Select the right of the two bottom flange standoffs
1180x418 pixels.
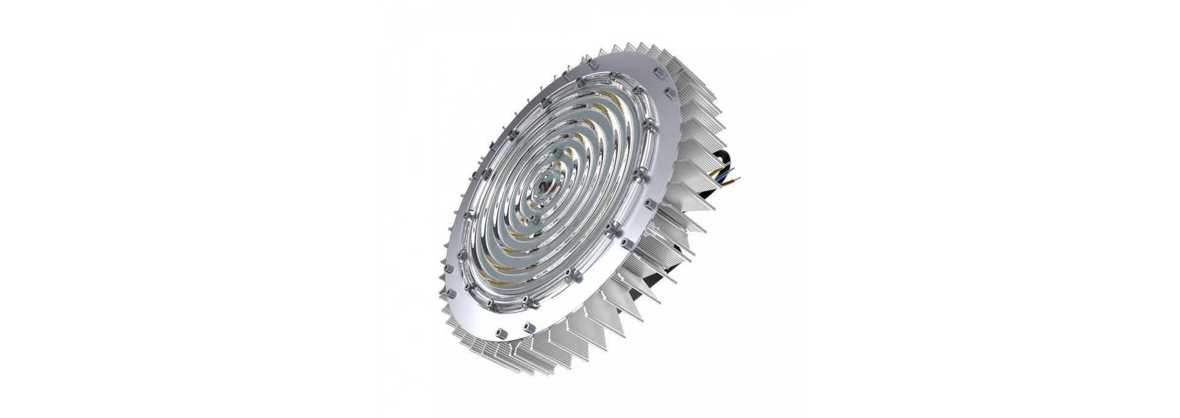[529, 328]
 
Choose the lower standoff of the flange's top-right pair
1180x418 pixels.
[669, 93]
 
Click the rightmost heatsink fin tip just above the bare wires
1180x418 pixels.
[729, 163]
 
